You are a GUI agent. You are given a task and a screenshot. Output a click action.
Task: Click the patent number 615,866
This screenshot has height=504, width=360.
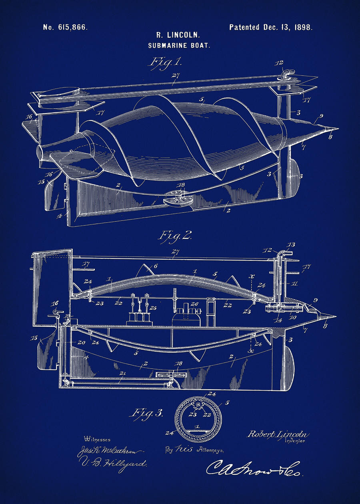pos(65,28)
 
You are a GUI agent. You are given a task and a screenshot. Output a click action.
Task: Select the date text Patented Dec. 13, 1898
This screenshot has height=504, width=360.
pos(271,28)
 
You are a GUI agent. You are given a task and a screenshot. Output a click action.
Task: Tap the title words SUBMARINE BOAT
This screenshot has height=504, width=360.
pos(179,46)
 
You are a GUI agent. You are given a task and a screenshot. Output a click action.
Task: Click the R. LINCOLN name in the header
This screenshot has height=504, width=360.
pos(179,36)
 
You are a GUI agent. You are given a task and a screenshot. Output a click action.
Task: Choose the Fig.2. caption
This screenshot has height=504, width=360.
pos(174,235)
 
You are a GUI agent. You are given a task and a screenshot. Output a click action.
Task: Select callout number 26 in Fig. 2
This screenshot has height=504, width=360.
pos(195,304)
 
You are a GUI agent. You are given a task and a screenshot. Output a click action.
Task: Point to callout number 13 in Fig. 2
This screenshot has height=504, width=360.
pos(291,245)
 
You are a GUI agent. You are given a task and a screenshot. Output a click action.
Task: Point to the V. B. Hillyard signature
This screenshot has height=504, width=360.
pos(114,464)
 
